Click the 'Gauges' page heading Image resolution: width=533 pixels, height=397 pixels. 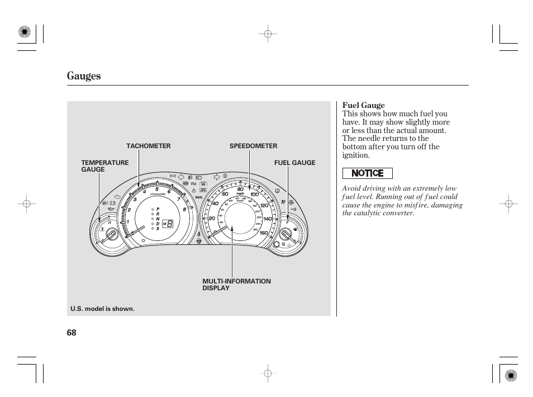(x=84, y=76)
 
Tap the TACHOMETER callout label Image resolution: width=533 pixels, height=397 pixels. (x=148, y=146)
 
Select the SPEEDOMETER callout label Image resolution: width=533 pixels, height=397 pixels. (x=253, y=146)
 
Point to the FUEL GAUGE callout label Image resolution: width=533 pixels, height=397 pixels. (x=294, y=163)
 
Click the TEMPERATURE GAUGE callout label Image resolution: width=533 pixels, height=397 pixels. (x=104, y=166)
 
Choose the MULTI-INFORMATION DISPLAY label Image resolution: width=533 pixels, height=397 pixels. (x=236, y=285)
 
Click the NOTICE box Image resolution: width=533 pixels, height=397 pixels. (x=367, y=173)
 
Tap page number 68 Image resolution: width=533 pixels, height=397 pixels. (x=71, y=333)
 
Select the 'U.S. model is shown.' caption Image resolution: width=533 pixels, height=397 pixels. (x=102, y=309)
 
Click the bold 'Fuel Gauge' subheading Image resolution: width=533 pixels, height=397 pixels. (x=363, y=105)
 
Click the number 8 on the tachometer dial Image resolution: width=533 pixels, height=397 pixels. (x=184, y=209)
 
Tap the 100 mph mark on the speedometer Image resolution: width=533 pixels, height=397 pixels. (x=254, y=194)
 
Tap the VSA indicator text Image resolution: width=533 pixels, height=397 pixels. (x=193, y=183)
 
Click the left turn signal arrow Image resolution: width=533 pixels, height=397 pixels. (x=181, y=177)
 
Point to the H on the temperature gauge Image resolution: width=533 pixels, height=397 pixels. (x=110, y=223)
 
